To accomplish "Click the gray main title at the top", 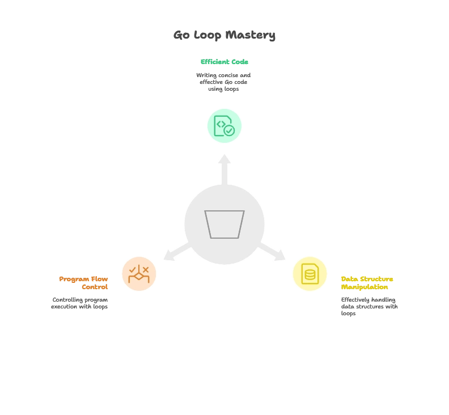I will click(x=224, y=35).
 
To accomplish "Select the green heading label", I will click(x=224, y=62).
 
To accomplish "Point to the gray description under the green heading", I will click(x=224, y=82).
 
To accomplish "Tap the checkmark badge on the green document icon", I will click(x=229, y=130).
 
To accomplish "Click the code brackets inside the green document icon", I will click(x=221, y=124).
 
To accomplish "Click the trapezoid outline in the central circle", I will click(x=224, y=225).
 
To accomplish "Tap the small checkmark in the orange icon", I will click(x=132, y=269).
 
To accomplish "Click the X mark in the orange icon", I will click(x=146, y=269).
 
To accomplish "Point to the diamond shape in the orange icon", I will click(x=139, y=278).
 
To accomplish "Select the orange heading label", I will click(x=84, y=283).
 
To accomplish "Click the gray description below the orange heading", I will click(x=79, y=303).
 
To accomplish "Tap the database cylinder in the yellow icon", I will click(x=310, y=276).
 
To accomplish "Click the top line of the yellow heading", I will click(x=367, y=280).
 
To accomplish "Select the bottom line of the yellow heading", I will click(x=365, y=287).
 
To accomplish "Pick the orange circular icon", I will click(x=139, y=274).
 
